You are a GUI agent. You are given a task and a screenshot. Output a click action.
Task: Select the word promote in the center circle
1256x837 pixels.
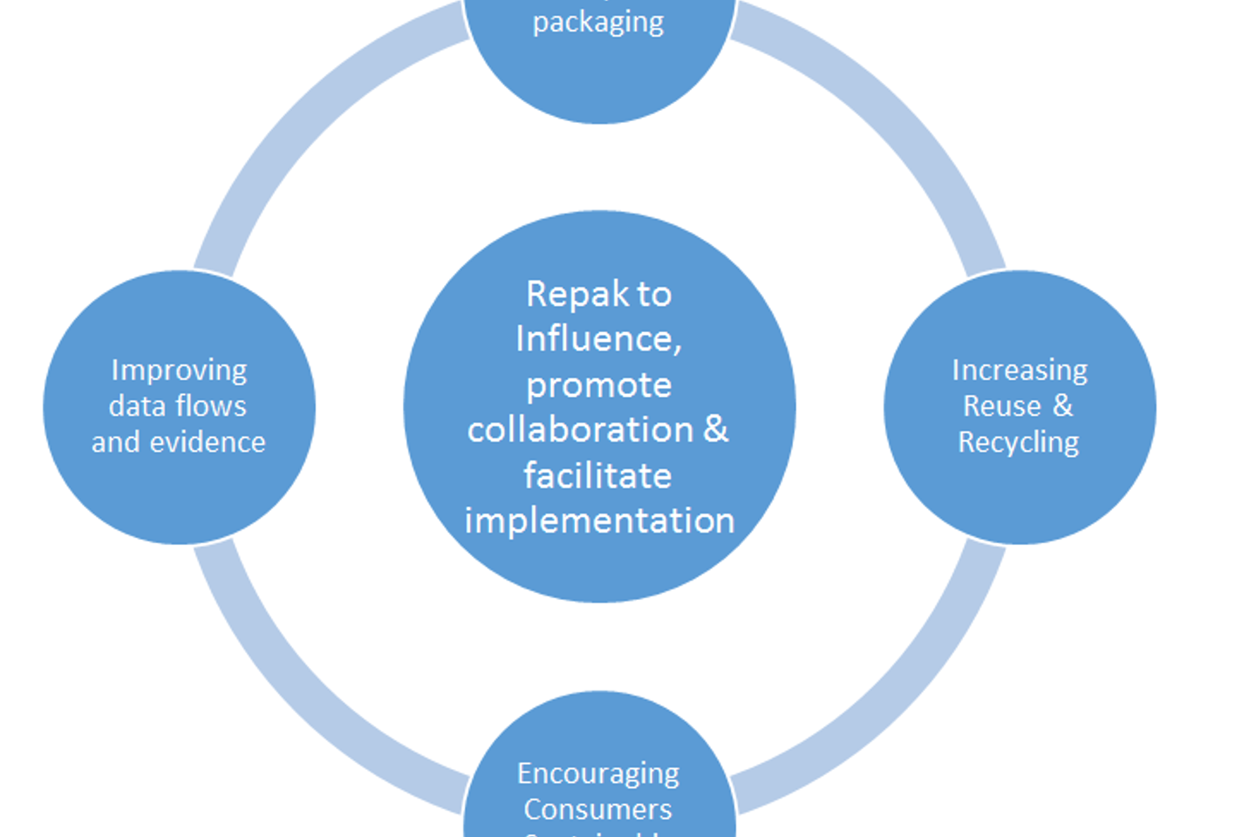pyautogui.click(x=598, y=385)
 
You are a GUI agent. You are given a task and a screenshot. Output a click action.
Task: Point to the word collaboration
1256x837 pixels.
pyautogui.click(x=580, y=430)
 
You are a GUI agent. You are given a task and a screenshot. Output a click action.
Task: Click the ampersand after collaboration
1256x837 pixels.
pyautogui.click(x=715, y=429)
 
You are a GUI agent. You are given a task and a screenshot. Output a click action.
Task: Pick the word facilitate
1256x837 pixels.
pyautogui.click(x=597, y=476)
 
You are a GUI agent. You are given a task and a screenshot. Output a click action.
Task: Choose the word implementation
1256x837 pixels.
pyautogui.click(x=599, y=521)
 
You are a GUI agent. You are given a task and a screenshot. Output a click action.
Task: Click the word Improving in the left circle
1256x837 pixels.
pyautogui.click(x=179, y=371)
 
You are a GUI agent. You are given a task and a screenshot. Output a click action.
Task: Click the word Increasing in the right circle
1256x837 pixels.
pyautogui.click(x=1020, y=371)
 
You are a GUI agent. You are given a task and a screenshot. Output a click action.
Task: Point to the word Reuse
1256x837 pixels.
pyautogui.click(x=1002, y=406)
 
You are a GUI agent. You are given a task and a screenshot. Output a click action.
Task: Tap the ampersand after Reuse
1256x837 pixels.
pyautogui.click(x=1062, y=405)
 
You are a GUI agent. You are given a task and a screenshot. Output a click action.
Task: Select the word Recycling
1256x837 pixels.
pyautogui.click(x=1019, y=443)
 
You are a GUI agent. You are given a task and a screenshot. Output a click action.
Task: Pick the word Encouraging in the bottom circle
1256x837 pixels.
pyautogui.click(x=598, y=773)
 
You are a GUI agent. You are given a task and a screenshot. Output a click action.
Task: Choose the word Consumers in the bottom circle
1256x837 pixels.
pyautogui.click(x=598, y=810)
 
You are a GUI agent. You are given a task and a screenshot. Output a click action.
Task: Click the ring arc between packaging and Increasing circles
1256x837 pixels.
pyautogui.click(x=898, y=122)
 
